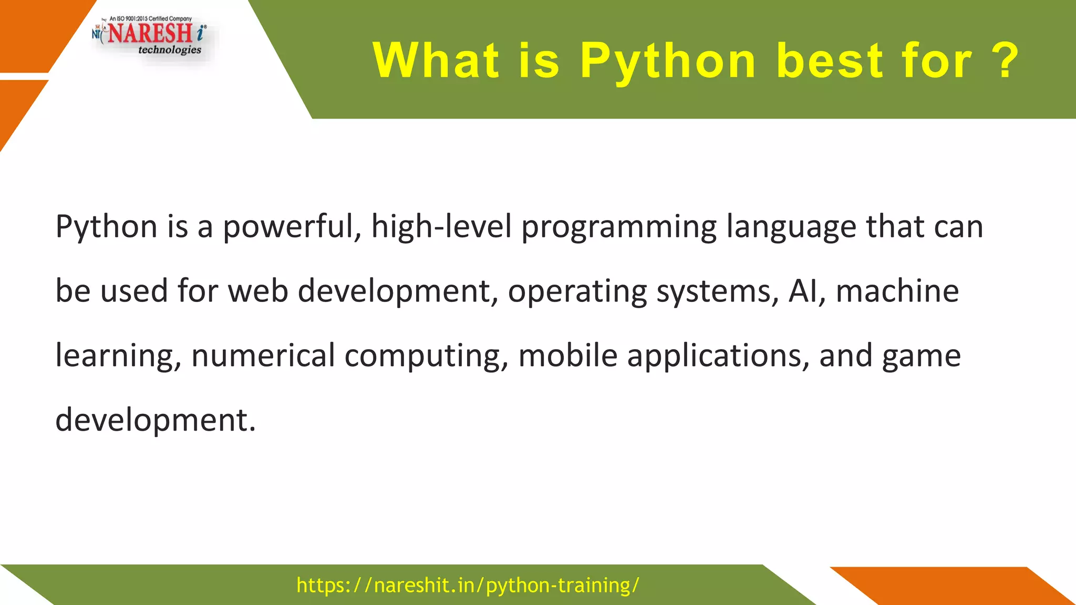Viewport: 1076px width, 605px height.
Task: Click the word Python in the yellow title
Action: (668, 61)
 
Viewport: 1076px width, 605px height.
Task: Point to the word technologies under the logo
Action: (169, 50)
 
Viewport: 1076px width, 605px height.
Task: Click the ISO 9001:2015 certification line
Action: (150, 18)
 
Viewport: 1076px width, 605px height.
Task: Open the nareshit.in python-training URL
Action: (468, 585)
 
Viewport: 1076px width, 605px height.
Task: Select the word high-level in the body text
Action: (441, 227)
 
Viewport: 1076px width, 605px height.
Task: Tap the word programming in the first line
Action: (618, 227)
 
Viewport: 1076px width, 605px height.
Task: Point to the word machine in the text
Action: (897, 291)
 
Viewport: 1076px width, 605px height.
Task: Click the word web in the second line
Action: (257, 291)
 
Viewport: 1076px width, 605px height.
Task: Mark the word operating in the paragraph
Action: (577, 291)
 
